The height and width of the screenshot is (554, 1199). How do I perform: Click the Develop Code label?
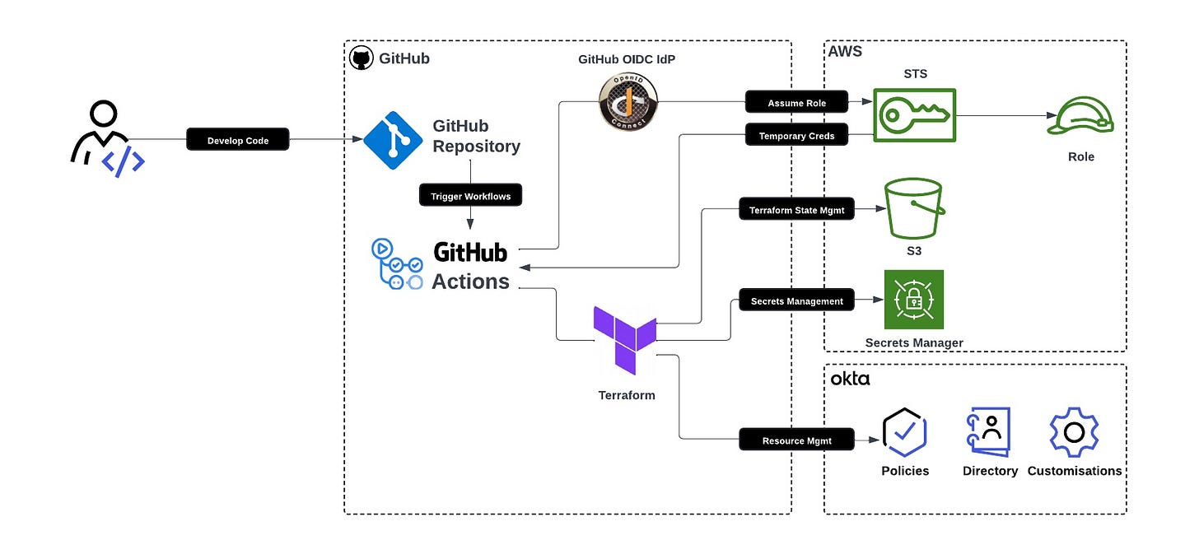tap(238, 140)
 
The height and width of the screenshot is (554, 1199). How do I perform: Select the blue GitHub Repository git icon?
tap(393, 140)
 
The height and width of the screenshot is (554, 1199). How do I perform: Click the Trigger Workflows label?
tap(470, 196)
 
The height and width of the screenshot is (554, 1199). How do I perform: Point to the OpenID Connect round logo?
tap(627, 102)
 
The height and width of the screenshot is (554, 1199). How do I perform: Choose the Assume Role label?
tap(796, 102)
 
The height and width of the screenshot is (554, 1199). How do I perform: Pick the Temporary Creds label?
tap(796, 136)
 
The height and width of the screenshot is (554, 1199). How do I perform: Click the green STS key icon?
tap(915, 116)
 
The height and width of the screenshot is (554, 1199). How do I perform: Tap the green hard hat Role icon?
tap(1080, 116)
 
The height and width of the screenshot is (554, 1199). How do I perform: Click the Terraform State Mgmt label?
tap(797, 210)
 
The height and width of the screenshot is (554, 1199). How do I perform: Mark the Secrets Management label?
tap(796, 301)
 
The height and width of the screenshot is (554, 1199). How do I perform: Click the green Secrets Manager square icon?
tap(913, 300)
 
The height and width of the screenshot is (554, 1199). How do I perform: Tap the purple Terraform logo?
tap(625, 338)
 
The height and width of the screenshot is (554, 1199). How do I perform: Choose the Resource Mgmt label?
tap(796, 440)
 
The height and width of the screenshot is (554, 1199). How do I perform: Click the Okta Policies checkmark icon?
tap(905, 432)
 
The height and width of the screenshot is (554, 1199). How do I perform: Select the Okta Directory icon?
tap(988, 432)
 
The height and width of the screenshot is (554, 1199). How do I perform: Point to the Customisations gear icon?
tap(1074, 432)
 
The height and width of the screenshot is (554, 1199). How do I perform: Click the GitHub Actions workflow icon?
tap(397, 264)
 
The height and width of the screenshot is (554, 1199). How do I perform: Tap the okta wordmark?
tap(850, 379)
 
